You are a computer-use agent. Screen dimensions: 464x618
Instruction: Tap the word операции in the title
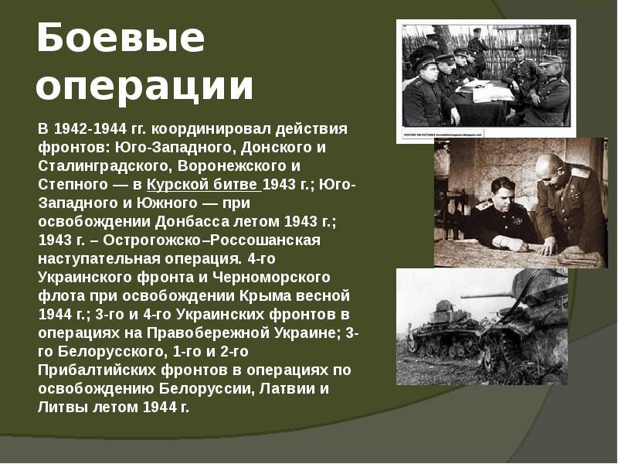[144, 87]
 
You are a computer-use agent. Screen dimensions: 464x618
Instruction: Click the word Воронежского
[231, 166]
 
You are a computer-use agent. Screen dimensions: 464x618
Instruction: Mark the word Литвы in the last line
[62, 406]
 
